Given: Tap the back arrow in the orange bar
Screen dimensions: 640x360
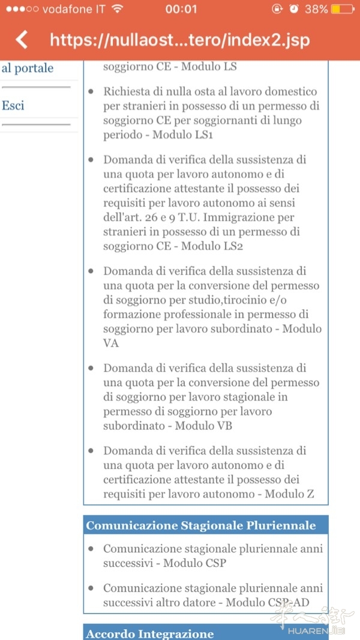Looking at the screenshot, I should point(22,40).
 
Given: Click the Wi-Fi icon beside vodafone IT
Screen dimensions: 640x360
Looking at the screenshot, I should point(117,9).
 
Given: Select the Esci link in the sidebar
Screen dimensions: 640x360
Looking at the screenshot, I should point(13,106).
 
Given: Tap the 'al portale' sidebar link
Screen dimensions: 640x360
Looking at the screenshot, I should point(28,68).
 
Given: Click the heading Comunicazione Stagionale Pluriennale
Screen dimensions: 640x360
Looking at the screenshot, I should point(201,525).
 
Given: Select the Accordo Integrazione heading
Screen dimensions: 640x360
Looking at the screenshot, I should point(150,633).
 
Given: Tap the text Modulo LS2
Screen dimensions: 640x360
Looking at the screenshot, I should point(213,246).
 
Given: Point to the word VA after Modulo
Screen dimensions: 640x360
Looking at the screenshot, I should point(111,343).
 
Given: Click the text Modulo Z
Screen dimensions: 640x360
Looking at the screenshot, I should point(289,494).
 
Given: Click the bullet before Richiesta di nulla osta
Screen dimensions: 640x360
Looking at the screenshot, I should point(91,92).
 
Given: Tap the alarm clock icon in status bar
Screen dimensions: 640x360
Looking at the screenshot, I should point(293,9).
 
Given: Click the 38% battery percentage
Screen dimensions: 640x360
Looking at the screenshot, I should point(316,9).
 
